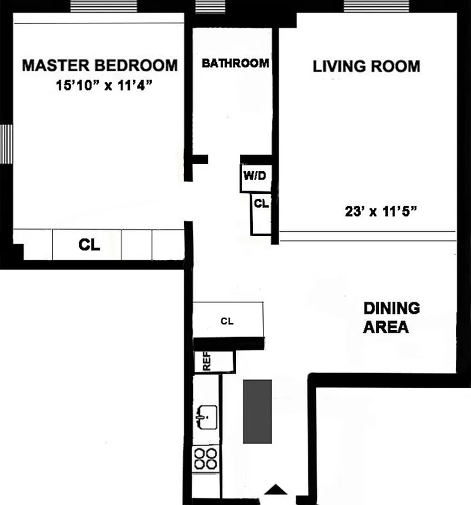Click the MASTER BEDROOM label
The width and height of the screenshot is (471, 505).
(100, 65)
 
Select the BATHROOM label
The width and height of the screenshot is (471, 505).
(235, 63)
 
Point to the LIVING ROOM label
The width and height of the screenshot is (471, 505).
(366, 66)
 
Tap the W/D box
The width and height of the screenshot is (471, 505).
(255, 177)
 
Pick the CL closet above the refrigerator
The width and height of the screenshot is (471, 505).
(227, 321)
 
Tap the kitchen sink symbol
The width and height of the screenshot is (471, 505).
(205, 415)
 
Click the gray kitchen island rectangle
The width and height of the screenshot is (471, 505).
(257, 411)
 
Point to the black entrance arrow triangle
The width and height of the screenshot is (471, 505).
(276, 489)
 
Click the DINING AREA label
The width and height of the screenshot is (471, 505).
(391, 318)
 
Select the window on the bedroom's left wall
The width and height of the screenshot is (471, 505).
(6, 144)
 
